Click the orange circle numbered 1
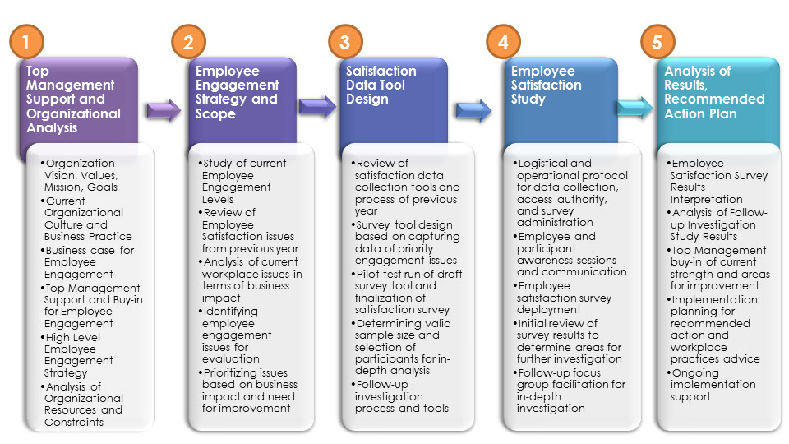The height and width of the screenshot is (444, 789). click(26, 41)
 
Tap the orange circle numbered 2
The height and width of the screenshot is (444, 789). click(189, 41)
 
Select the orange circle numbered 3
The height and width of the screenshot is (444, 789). click(345, 41)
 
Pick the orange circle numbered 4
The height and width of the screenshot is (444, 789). click(503, 41)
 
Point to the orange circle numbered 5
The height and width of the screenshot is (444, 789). click(657, 41)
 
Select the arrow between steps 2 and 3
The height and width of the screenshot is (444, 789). click(318, 107)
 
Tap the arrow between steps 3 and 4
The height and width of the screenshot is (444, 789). click(474, 108)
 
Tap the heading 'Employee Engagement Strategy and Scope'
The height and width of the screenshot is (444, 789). click(237, 92)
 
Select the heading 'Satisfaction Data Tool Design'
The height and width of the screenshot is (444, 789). click(381, 85)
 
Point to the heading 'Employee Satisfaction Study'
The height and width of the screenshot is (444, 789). click(546, 85)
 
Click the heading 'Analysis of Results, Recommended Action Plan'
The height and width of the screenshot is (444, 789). click(713, 92)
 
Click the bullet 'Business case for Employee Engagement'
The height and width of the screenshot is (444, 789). click(89, 262)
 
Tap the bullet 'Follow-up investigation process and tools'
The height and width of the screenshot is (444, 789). click(401, 396)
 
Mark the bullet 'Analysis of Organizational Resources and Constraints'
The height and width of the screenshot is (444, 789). click(84, 404)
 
